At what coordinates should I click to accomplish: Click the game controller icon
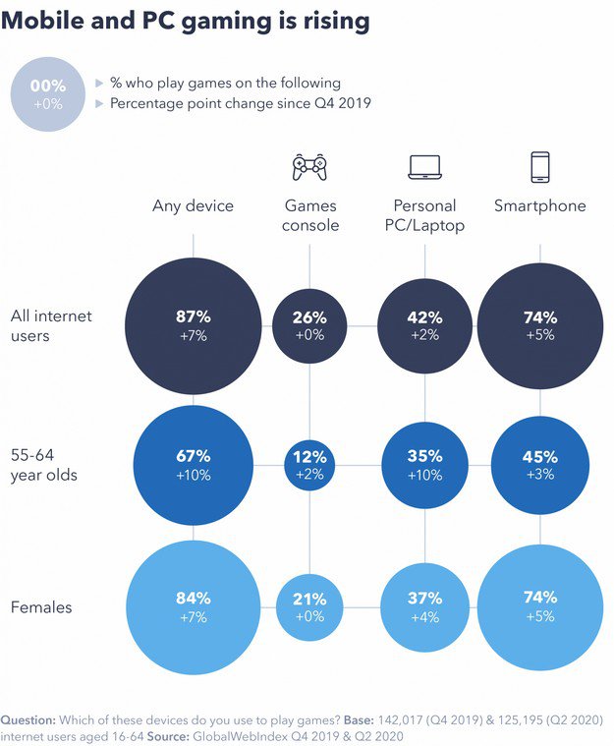pos(309,167)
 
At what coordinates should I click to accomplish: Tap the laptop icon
pos(424,167)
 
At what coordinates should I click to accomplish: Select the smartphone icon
pos(539,167)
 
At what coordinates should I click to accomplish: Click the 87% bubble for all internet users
pos(194,326)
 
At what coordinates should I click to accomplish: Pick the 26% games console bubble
pos(309,326)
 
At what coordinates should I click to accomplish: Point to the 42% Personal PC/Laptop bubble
pos(425,326)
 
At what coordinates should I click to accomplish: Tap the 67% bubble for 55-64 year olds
pos(194,466)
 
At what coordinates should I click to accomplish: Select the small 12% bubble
pos(309,466)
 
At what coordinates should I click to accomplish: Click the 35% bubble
pos(425,466)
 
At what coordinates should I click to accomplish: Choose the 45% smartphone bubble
pos(539,466)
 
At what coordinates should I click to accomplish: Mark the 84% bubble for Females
pos(194,606)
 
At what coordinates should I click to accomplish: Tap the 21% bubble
pos(309,606)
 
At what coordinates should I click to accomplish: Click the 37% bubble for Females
pos(425,606)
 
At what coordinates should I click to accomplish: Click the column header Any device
pos(194,206)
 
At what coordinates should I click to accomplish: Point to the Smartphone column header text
pos(539,206)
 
